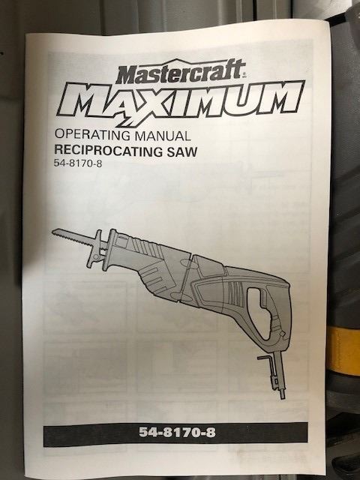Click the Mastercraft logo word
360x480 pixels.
(x=181, y=72)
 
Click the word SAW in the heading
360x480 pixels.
(x=181, y=151)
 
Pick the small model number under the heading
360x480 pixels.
(x=78, y=163)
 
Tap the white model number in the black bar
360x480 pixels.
(x=177, y=433)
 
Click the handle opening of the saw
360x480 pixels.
(x=258, y=312)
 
